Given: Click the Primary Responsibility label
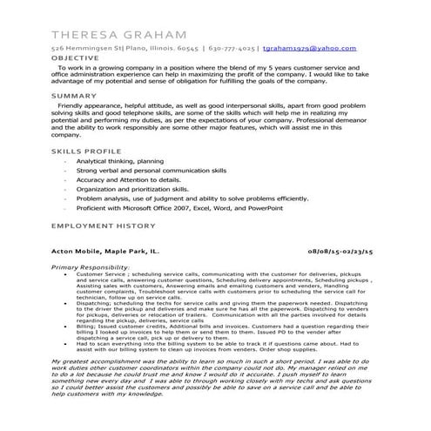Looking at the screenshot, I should click(91, 267).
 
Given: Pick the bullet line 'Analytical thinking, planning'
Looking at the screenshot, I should click(119, 161).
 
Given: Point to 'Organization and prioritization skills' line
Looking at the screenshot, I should click(131, 189).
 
